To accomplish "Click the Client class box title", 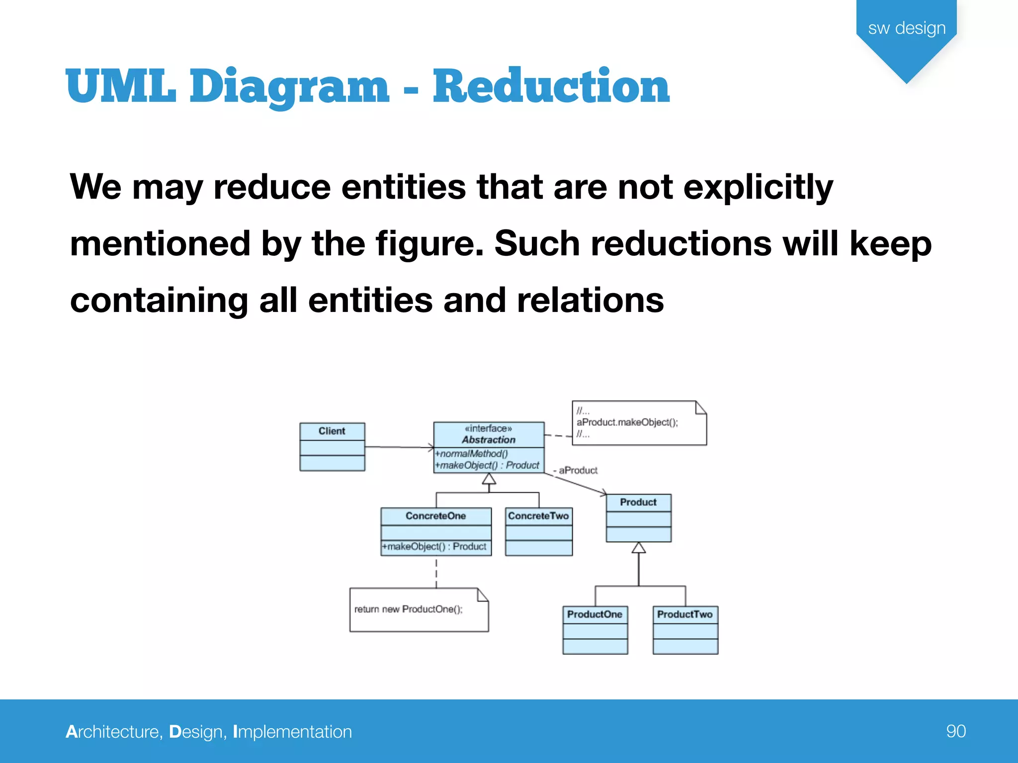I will coord(332,431).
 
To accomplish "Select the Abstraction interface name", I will coord(489,440).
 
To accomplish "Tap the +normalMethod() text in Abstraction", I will coord(472,454).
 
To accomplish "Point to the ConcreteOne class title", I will coord(435,516).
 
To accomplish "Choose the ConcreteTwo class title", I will coord(538,516).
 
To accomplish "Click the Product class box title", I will coord(638,502).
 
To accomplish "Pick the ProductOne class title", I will coord(594,614).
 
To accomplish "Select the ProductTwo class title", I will coord(684,614).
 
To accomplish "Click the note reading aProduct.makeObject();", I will coord(627,422).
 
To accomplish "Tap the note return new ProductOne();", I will coord(409,610).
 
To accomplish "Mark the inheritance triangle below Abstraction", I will coord(489,479).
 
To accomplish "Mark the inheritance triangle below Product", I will coord(639,548).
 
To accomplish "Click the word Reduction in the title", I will coord(551,86).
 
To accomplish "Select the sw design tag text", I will coord(907,28).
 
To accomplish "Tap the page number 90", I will coord(955,731).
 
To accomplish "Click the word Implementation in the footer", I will coord(292,732).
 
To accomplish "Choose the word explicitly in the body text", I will coord(758,188).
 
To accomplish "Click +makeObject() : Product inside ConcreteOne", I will coord(434,547).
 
